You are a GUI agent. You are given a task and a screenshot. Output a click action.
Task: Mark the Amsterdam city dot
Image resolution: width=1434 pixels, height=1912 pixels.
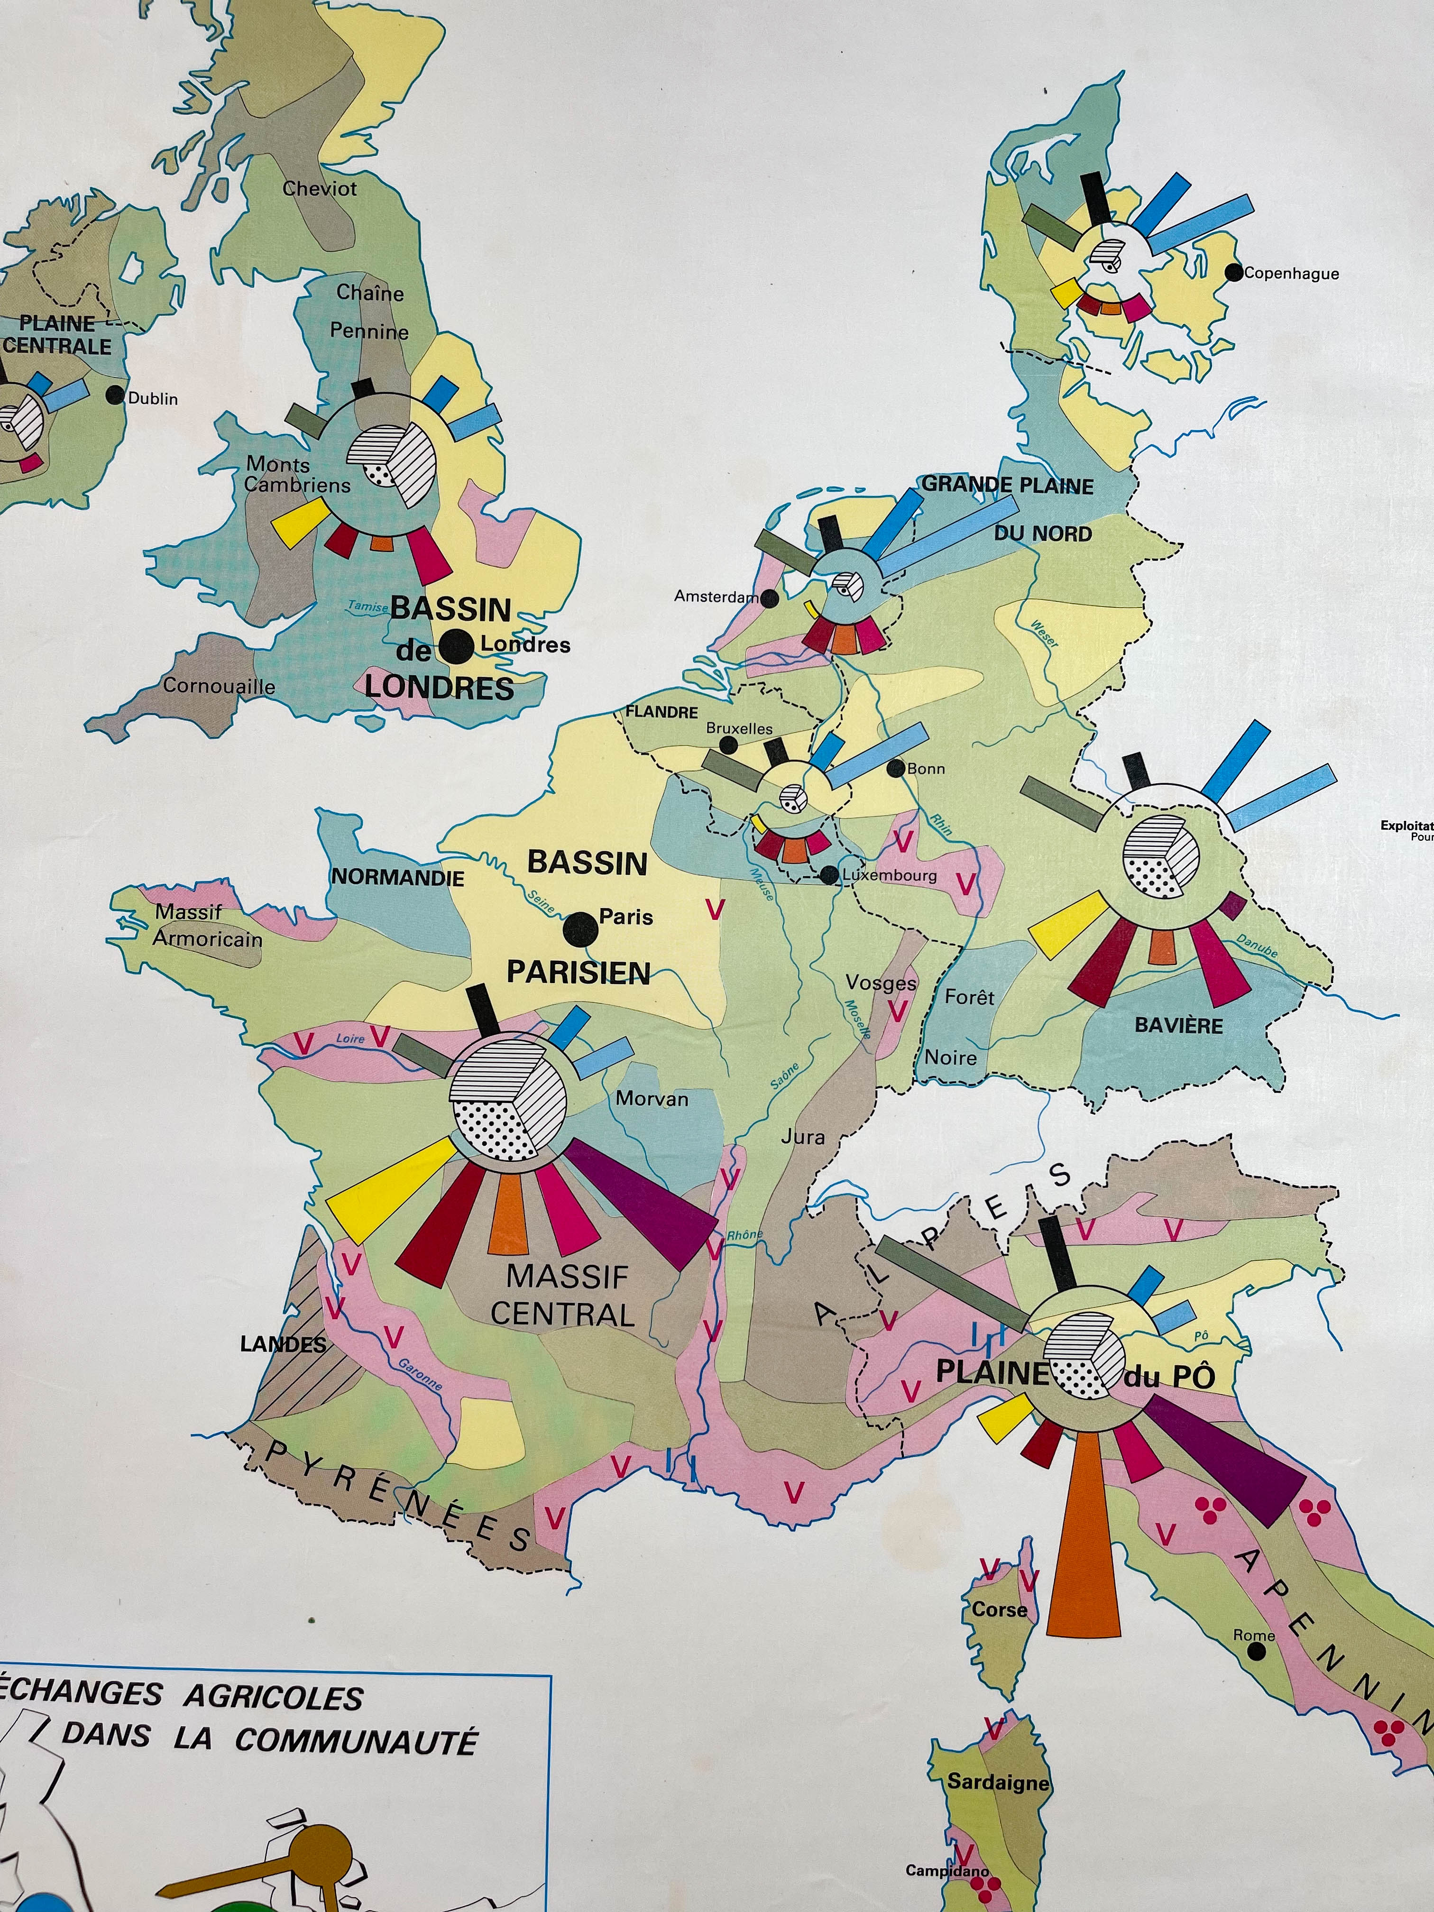click(x=769, y=597)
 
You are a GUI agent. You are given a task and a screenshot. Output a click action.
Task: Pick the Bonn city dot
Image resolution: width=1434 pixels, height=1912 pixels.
click(x=895, y=768)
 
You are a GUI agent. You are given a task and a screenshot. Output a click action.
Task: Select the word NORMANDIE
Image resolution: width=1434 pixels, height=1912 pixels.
click(x=397, y=877)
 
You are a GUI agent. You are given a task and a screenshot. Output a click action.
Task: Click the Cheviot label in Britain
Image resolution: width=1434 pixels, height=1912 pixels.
click(x=319, y=188)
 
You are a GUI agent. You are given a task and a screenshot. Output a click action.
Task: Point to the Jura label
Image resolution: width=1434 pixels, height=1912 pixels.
click(x=802, y=1137)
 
